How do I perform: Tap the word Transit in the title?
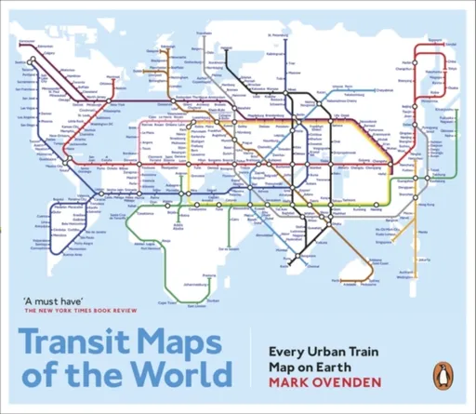pos(77,342)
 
